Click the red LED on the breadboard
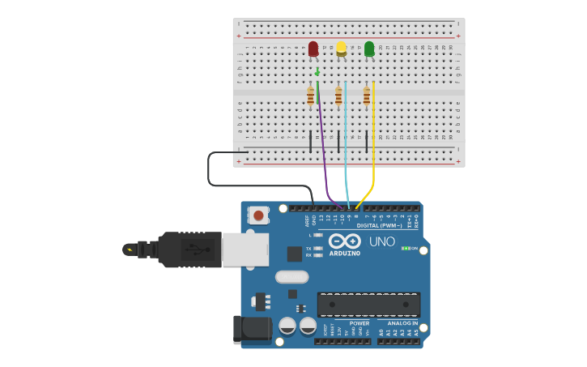(x=313, y=50)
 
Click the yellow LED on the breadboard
(x=342, y=49)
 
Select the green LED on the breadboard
(x=369, y=50)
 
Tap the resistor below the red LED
(x=310, y=97)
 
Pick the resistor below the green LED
(x=367, y=97)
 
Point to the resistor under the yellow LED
(x=338, y=97)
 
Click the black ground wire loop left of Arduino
(x=209, y=170)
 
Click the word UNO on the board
(x=381, y=241)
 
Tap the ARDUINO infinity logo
(x=345, y=241)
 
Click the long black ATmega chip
(x=368, y=305)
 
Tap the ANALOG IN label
(x=397, y=322)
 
